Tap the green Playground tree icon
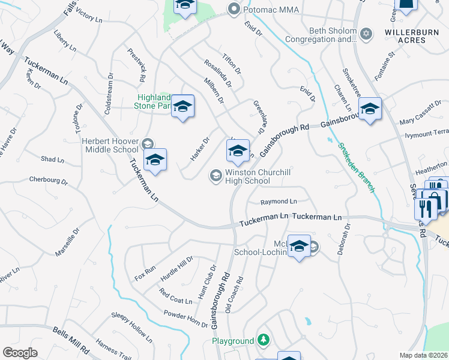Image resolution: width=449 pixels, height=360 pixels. pos(262,340)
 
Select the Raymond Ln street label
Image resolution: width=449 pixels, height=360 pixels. pos(279,202)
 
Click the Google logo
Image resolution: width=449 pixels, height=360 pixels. pos(20,352)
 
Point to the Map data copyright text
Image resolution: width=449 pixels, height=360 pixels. pos(423,355)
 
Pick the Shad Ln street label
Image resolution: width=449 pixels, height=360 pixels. pos(52,160)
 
